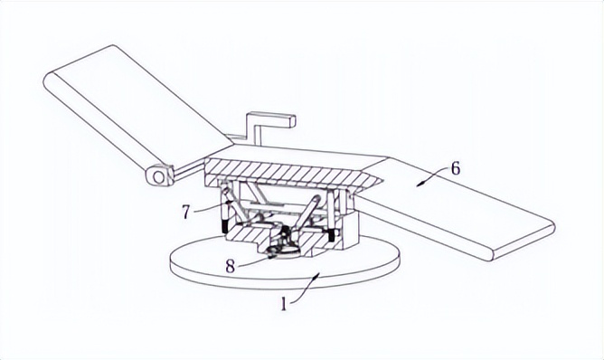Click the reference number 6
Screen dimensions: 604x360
456,169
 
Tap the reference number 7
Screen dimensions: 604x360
186,212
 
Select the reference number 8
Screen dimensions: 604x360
230,266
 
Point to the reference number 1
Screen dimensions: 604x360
284,305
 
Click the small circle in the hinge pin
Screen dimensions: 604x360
157,177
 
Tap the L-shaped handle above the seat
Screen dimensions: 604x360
269,128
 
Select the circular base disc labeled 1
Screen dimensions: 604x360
284,266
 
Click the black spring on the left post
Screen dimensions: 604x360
224,227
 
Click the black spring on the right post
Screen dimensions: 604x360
332,234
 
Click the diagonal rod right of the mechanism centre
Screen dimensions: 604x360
307,213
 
